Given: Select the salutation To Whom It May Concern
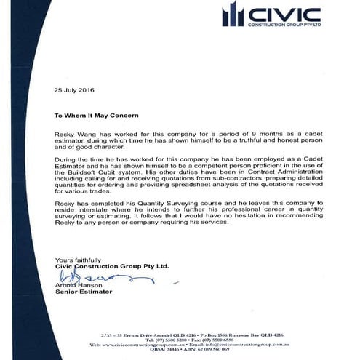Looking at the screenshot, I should tap(97, 115).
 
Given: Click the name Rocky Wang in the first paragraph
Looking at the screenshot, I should tap(73, 135).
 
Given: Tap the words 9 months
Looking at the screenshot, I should tap(236, 135).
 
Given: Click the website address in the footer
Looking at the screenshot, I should tap(127, 343).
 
